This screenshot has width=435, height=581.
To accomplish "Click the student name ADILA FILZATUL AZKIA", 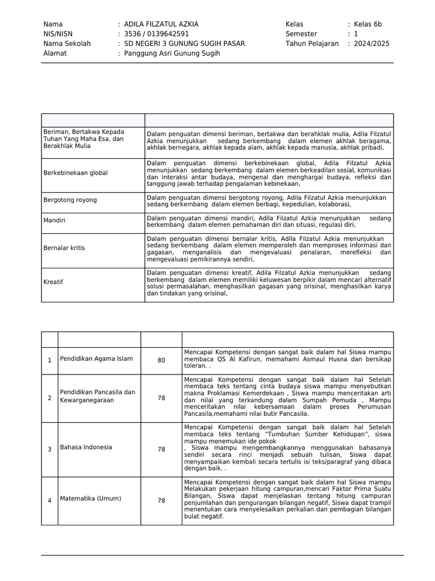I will pyautogui.click(x=161, y=24).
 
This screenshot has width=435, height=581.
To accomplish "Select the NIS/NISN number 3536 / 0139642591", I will pyautogui.click(x=156, y=34).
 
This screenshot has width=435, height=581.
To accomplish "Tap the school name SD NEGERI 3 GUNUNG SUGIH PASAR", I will pyautogui.click(x=184, y=44).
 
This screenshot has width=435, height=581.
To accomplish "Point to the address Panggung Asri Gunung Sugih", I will pyautogui.click(x=172, y=53).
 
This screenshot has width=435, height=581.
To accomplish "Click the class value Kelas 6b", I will pyautogui.click(x=368, y=24).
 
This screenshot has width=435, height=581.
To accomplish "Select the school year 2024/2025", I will pyautogui.click(x=372, y=44).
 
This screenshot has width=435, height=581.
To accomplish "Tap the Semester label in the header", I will pyautogui.click(x=301, y=34).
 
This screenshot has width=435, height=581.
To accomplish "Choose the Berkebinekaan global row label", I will pyautogui.click(x=75, y=172).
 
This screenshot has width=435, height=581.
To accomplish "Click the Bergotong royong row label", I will pyautogui.click(x=70, y=200).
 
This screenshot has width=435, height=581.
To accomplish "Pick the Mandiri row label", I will pyautogui.click(x=54, y=220).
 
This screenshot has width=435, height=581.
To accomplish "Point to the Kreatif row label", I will pyautogui.click(x=53, y=281).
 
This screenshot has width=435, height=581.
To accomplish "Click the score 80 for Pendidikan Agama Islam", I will pyautogui.click(x=161, y=360).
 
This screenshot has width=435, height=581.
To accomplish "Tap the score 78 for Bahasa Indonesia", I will pyautogui.click(x=161, y=449).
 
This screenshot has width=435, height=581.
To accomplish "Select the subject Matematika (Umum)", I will pyautogui.click(x=91, y=499).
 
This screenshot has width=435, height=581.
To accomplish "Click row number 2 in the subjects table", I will pyautogui.click(x=49, y=398).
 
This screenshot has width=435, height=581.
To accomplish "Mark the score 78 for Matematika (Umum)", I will pyautogui.click(x=161, y=500).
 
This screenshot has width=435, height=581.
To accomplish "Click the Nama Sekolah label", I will pyautogui.click(x=67, y=44).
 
